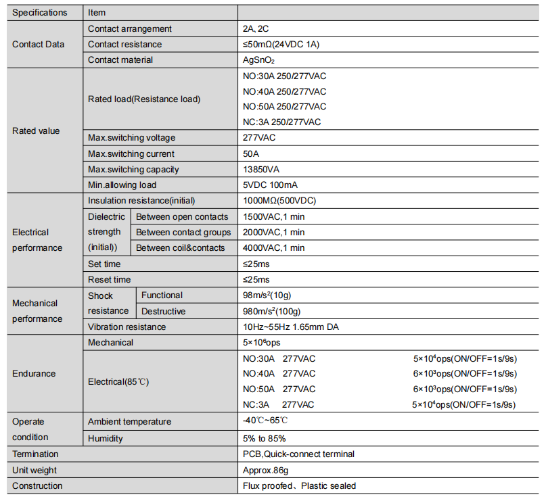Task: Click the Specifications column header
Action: (40, 12)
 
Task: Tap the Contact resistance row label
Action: (124, 44)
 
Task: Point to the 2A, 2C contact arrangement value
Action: (256, 28)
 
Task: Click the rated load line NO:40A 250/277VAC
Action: (284, 91)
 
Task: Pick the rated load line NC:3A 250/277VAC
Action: (281, 122)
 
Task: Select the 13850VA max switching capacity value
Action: (263, 170)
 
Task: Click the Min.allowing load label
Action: (122, 185)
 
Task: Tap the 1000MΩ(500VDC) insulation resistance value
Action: (279, 201)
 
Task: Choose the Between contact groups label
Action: (183, 233)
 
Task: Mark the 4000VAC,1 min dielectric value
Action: (273, 248)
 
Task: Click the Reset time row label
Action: (110, 280)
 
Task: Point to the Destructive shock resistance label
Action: (163, 312)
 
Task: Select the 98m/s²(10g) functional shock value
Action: (267, 295)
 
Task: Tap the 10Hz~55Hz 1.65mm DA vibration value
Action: (291, 327)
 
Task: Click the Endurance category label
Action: (34, 374)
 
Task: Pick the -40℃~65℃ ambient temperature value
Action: (269, 421)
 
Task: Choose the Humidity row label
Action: (106, 439)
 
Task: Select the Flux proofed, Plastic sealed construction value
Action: (299, 486)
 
